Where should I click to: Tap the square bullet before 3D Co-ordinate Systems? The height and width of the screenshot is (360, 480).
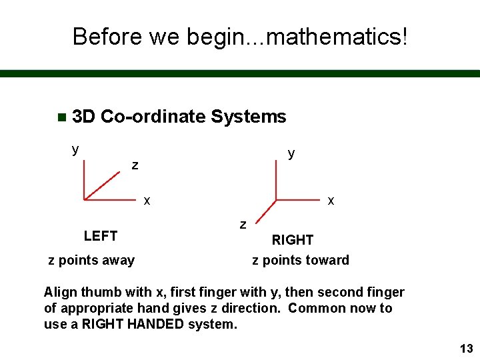click(x=61, y=117)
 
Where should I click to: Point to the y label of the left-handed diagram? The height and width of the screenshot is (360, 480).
click(x=75, y=149)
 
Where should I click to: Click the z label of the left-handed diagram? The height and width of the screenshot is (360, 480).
click(x=135, y=165)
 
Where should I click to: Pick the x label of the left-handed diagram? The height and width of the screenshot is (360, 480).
click(x=147, y=200)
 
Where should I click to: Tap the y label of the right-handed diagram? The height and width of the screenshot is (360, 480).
click(x=291, y=153)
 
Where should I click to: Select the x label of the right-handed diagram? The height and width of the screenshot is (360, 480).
click(x=331, y=200)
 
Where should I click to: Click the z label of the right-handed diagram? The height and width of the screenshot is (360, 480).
click(x=243, y=224)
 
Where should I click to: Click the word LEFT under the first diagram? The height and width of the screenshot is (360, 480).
click(x=101, y=236)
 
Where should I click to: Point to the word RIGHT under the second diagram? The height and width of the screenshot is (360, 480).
click(x=292, y=240)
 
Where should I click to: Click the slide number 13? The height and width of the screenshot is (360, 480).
click(x=466, y=349)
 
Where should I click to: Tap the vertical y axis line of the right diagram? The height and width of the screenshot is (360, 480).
click(x=276, y=180)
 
